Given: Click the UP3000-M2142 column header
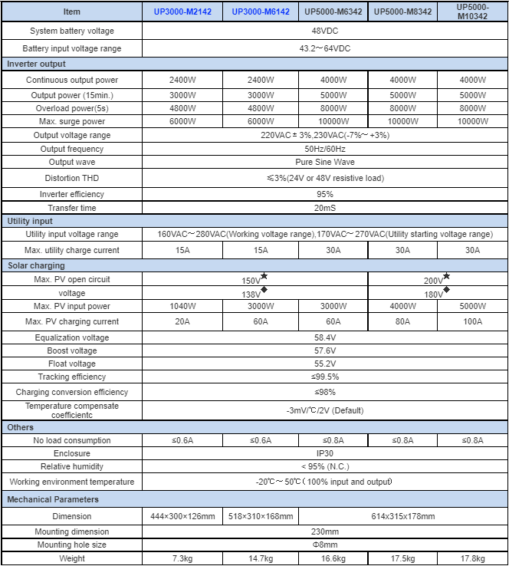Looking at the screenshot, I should (182, 12).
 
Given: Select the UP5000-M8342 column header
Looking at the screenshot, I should (402, 12).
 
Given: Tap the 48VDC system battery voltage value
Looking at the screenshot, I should (324, 31).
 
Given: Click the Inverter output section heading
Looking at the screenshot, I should (37, 64).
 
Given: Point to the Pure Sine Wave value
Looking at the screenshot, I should (324, 163).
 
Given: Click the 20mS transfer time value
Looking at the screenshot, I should (324, 208).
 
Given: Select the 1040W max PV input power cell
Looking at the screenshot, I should (182, 307).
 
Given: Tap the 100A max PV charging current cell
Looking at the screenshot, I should (472, 322).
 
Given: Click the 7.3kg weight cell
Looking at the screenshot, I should (182, 558).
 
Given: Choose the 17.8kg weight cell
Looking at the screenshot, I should (472, 558).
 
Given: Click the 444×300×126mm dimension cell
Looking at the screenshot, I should (182, 516).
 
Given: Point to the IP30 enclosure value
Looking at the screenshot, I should (324, 453).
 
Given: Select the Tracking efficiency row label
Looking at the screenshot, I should (72, 377).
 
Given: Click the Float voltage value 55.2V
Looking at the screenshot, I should (324, 364).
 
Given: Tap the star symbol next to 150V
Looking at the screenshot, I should (264, 276).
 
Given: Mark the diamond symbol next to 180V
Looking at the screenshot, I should (446, 290).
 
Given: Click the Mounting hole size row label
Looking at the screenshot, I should (72, 545).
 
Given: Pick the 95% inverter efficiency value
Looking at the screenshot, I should (324, 194).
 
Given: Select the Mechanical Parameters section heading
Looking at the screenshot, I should (53, 499).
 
